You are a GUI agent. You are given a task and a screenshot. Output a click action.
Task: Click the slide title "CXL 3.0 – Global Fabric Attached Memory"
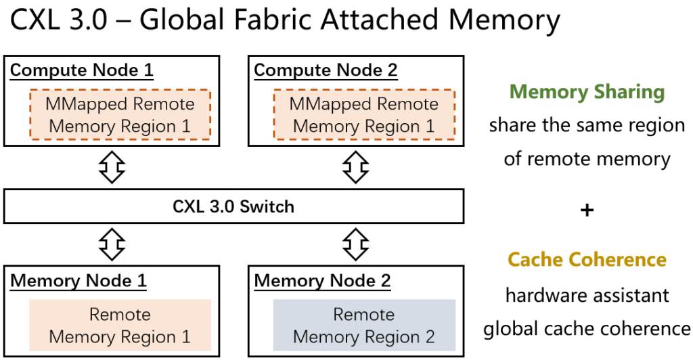(x=284, y=22)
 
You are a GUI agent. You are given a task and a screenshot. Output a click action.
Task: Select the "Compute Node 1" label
(x=82, y=70)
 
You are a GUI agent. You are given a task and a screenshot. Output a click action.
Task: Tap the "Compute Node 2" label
(x=326, y=70)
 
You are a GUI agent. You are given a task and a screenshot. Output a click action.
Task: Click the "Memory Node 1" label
(x=79, y=280)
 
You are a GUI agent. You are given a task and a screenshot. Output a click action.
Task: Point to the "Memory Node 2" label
(x=322, y=280)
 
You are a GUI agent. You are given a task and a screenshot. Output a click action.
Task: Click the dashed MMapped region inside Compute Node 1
(x=120, y=114)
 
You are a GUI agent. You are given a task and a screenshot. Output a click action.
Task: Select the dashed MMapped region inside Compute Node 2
(x=363, y=114)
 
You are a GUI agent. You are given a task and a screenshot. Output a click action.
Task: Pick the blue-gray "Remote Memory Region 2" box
(x=363, y=325)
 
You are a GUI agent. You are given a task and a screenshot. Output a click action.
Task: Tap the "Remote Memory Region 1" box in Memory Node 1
(x=120, y=325)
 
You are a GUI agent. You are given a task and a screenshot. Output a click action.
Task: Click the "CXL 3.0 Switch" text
(x=233, y=206)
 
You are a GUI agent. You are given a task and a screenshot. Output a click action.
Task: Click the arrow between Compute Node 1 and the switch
(x=112, y=167)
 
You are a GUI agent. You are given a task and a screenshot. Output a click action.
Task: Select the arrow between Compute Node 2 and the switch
(x=355, y=167)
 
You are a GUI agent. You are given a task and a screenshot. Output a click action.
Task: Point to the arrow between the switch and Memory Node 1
(x=112, y=244)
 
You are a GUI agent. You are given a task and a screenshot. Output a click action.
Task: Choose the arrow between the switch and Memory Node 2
(x=355, y=244)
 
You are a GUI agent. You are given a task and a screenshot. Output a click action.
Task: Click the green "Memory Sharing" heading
(x=587, y=92)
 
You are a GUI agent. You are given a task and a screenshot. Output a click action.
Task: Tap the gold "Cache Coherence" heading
(x=587, y=260)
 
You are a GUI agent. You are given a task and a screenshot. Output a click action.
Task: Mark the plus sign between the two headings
(x=587, y=210)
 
